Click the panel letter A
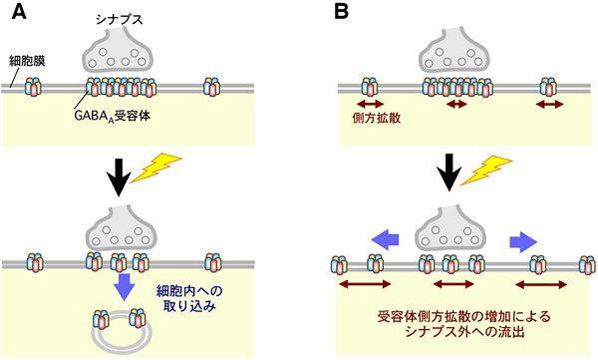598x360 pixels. (x=17, y=14)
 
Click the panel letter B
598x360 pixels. (x=343, y=14)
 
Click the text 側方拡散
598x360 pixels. (x=373, y=119)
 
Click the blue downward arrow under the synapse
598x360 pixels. (x=124, y=287)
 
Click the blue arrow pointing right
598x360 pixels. (x=518, y=240)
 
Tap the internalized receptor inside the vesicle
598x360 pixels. (x=110, y=322)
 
